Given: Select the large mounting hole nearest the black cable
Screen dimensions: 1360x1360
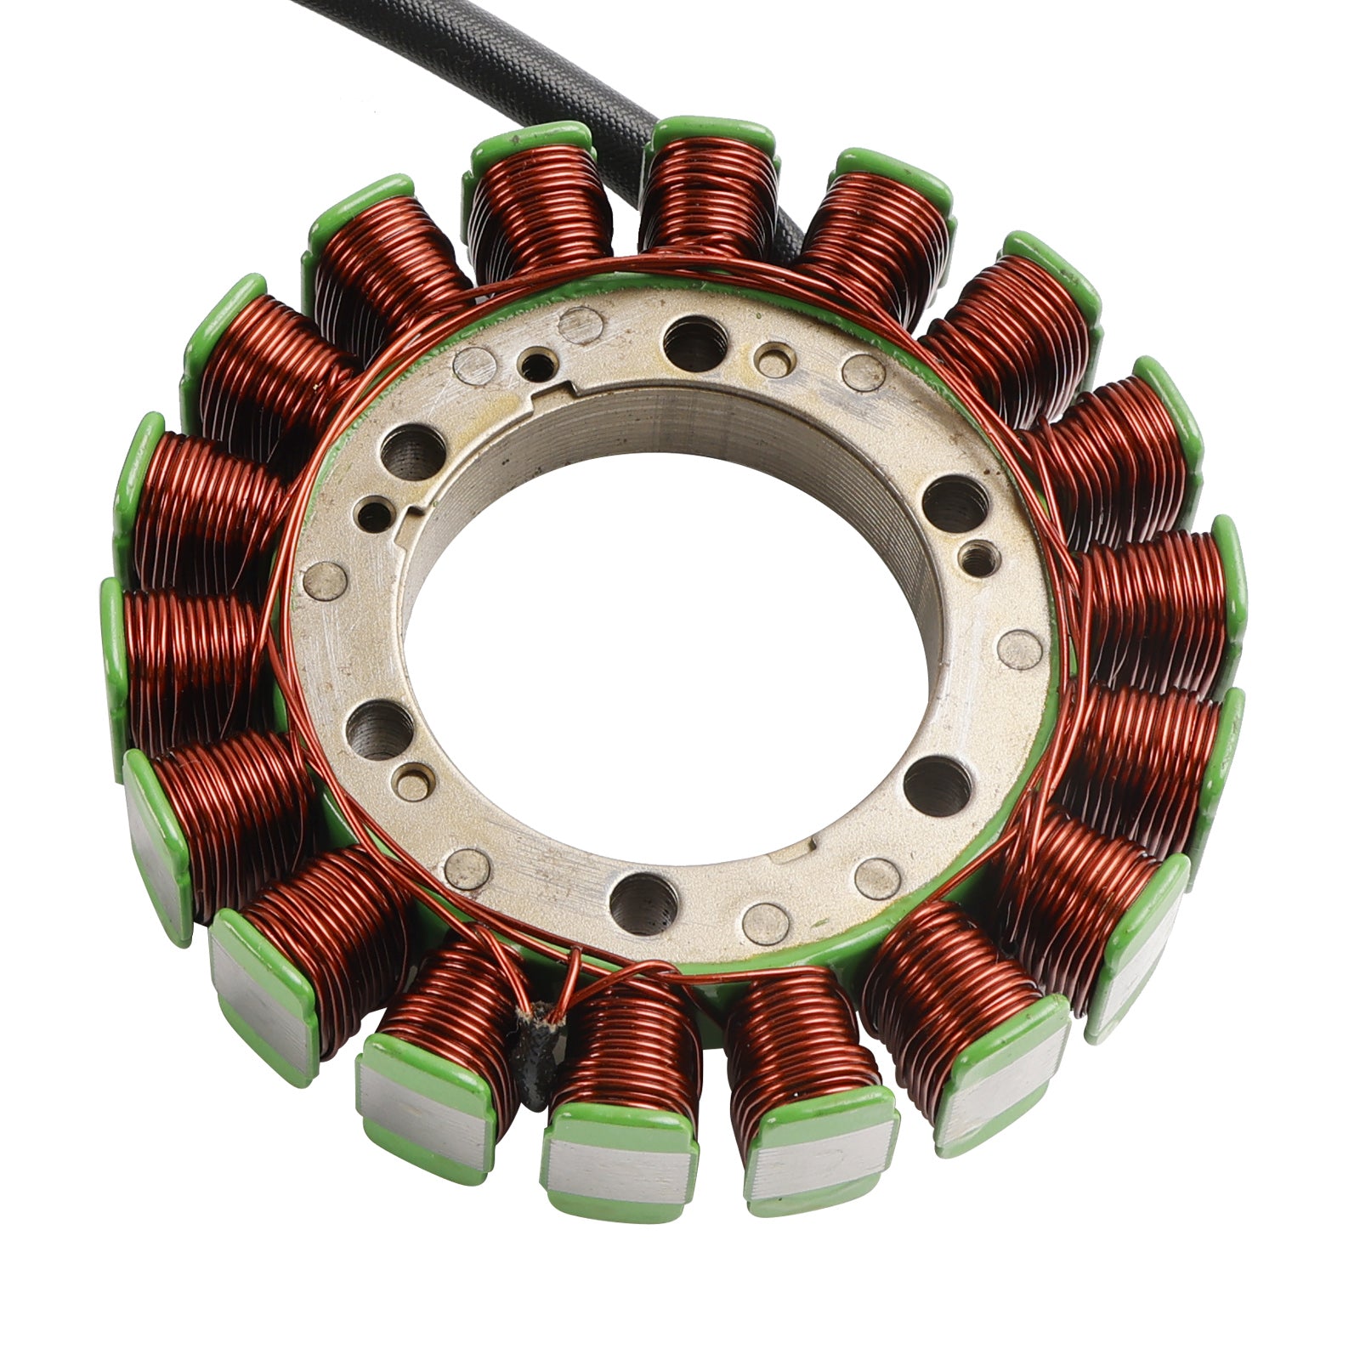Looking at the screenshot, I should pos(695,343).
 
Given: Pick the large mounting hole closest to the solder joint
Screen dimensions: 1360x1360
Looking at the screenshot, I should pos(643,904).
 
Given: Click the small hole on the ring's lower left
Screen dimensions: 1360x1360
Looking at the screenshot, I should pos(413,782).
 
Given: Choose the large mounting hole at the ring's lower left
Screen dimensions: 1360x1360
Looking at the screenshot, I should pos(380,730).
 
